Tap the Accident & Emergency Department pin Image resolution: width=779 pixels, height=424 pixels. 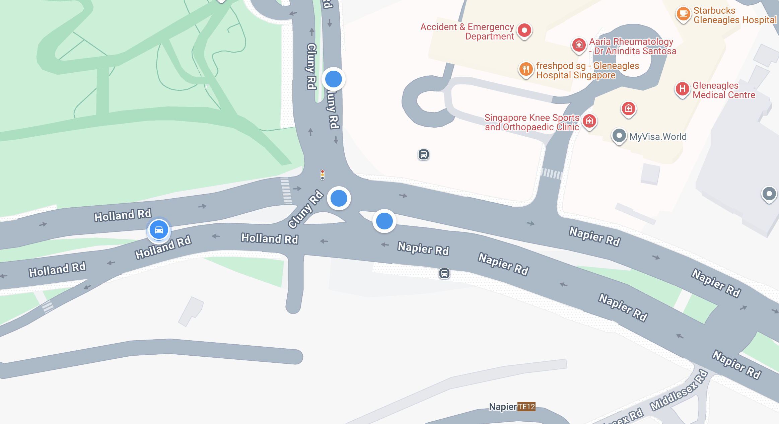click(x=524, y=30)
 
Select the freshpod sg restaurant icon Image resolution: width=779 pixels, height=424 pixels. click(x=526, y=69)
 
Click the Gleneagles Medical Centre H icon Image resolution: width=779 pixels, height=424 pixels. click(x=682, y=89)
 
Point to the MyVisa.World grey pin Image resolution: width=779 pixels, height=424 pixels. click(x=619, y=136)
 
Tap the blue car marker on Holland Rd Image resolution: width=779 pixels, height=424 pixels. click(x=159, y=230)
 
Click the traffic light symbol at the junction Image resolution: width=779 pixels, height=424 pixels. click(x=322, y=174)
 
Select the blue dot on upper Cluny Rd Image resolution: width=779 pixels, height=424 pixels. click(x=334, y=79)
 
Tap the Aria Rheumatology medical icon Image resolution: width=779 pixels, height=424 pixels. click(x=579, y=45)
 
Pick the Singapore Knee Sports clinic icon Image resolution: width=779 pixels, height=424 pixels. click(x=589, y=121)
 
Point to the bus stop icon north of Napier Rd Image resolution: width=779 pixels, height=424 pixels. click(x=424, y=154)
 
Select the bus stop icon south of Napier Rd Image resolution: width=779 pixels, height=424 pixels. click(x=444, y=274)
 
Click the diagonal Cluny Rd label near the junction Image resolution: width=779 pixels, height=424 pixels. click(x=305, y=209)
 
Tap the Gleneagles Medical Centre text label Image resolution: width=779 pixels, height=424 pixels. click(x=723, y=90)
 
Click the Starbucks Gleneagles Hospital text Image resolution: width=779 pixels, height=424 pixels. click(x=735, y=15)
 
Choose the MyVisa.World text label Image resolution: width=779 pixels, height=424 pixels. click(x=658, y=137)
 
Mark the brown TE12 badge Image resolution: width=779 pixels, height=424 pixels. click(x=526, y=407)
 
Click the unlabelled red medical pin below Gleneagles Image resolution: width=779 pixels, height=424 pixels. click(x=629, y=109)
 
